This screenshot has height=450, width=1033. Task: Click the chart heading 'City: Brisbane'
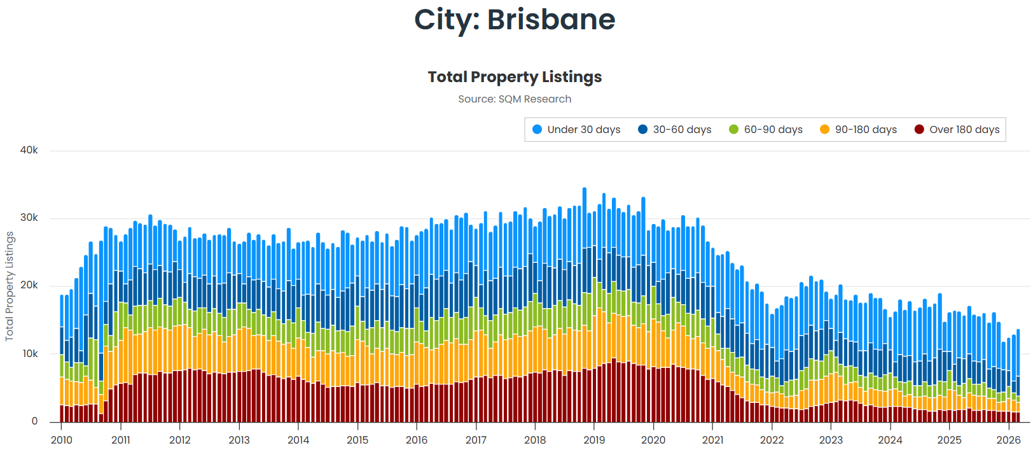(515, 20)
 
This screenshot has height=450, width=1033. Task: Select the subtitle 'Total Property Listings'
(515, 77)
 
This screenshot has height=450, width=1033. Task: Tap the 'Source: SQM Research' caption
(515, 99)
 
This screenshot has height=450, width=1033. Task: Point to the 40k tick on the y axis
(29, 150)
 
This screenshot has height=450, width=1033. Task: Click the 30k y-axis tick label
(29, 218)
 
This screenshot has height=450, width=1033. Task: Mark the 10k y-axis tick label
(30, 354)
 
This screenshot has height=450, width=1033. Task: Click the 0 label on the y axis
(35, 421)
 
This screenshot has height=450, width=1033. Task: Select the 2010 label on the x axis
(62, 440)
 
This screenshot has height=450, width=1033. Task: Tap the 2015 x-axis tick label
(357, 440)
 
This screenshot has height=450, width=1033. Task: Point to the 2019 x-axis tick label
(594, 440)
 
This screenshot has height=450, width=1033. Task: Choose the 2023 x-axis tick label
(831, 440)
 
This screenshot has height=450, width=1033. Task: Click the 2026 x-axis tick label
(1008, 440)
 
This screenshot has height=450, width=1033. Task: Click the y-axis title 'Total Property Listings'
(10, 286)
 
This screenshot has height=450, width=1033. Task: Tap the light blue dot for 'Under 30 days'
(537, 130)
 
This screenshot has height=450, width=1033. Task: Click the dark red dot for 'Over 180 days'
(919, 130)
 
